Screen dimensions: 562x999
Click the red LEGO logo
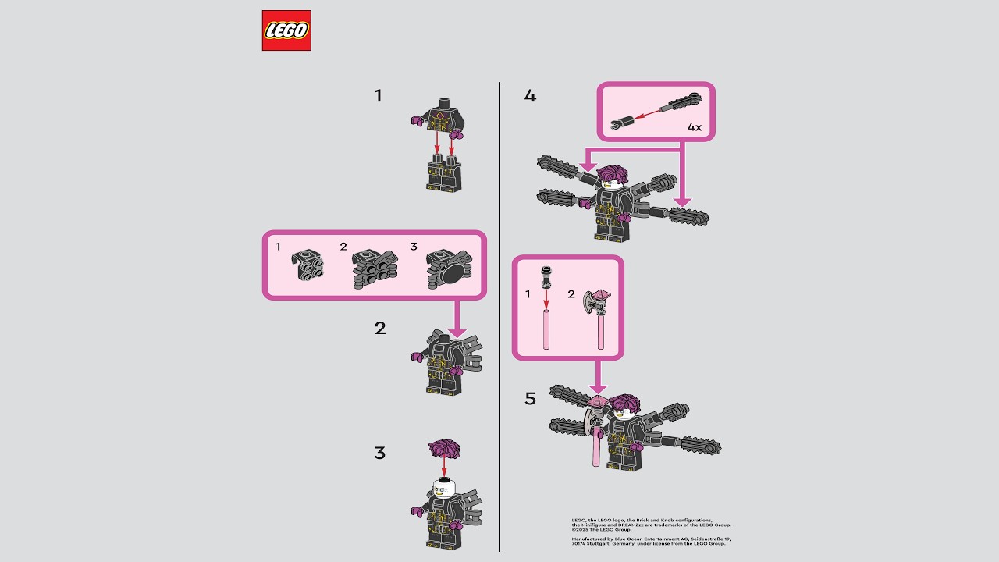coord(286,30)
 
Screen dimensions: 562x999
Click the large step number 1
coord(379,96)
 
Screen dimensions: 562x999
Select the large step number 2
coord(380,328)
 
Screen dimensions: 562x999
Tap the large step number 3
coord(380,453)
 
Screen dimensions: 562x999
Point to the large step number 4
coord(531,96)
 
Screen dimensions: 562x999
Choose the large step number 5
coord(531,399)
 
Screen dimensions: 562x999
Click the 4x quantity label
coord(695,126)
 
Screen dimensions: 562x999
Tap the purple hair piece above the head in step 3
coord(444,449)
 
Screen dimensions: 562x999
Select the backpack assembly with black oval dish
coord(448,269)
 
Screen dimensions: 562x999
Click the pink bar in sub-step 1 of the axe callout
coord(547,328)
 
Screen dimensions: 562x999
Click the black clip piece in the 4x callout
coord(623,123)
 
